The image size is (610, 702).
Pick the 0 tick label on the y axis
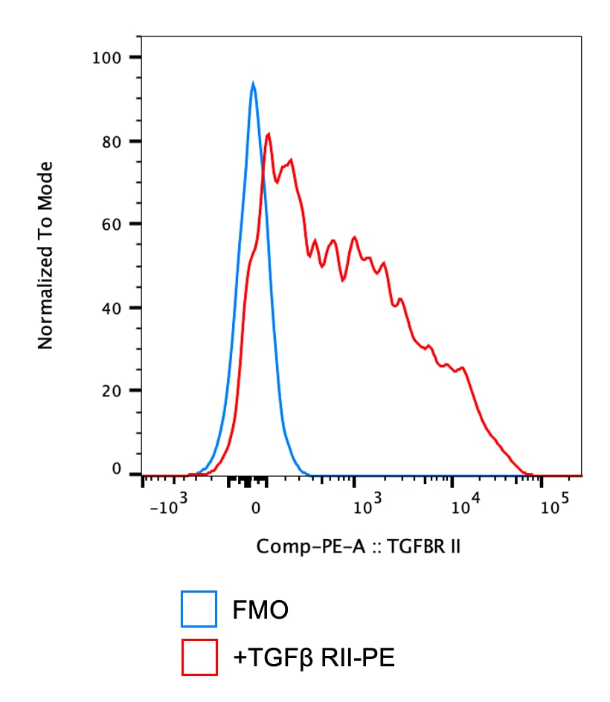(x=116, y=469)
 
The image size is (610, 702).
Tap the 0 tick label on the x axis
(x=255, y=509)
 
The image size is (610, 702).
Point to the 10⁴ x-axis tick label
(x=465, y=507)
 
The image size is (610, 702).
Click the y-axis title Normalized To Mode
(x=46, y=255)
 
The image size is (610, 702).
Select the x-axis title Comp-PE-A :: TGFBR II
(x=359, y=547)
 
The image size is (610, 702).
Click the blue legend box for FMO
(x=199, y=610)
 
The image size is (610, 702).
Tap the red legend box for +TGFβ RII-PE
(x=199, y=657)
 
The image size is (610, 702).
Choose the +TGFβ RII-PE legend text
(x=313, y=657)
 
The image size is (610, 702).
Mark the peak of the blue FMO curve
(x=253, y=84)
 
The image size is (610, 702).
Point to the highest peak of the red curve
(x=268, y=135)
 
